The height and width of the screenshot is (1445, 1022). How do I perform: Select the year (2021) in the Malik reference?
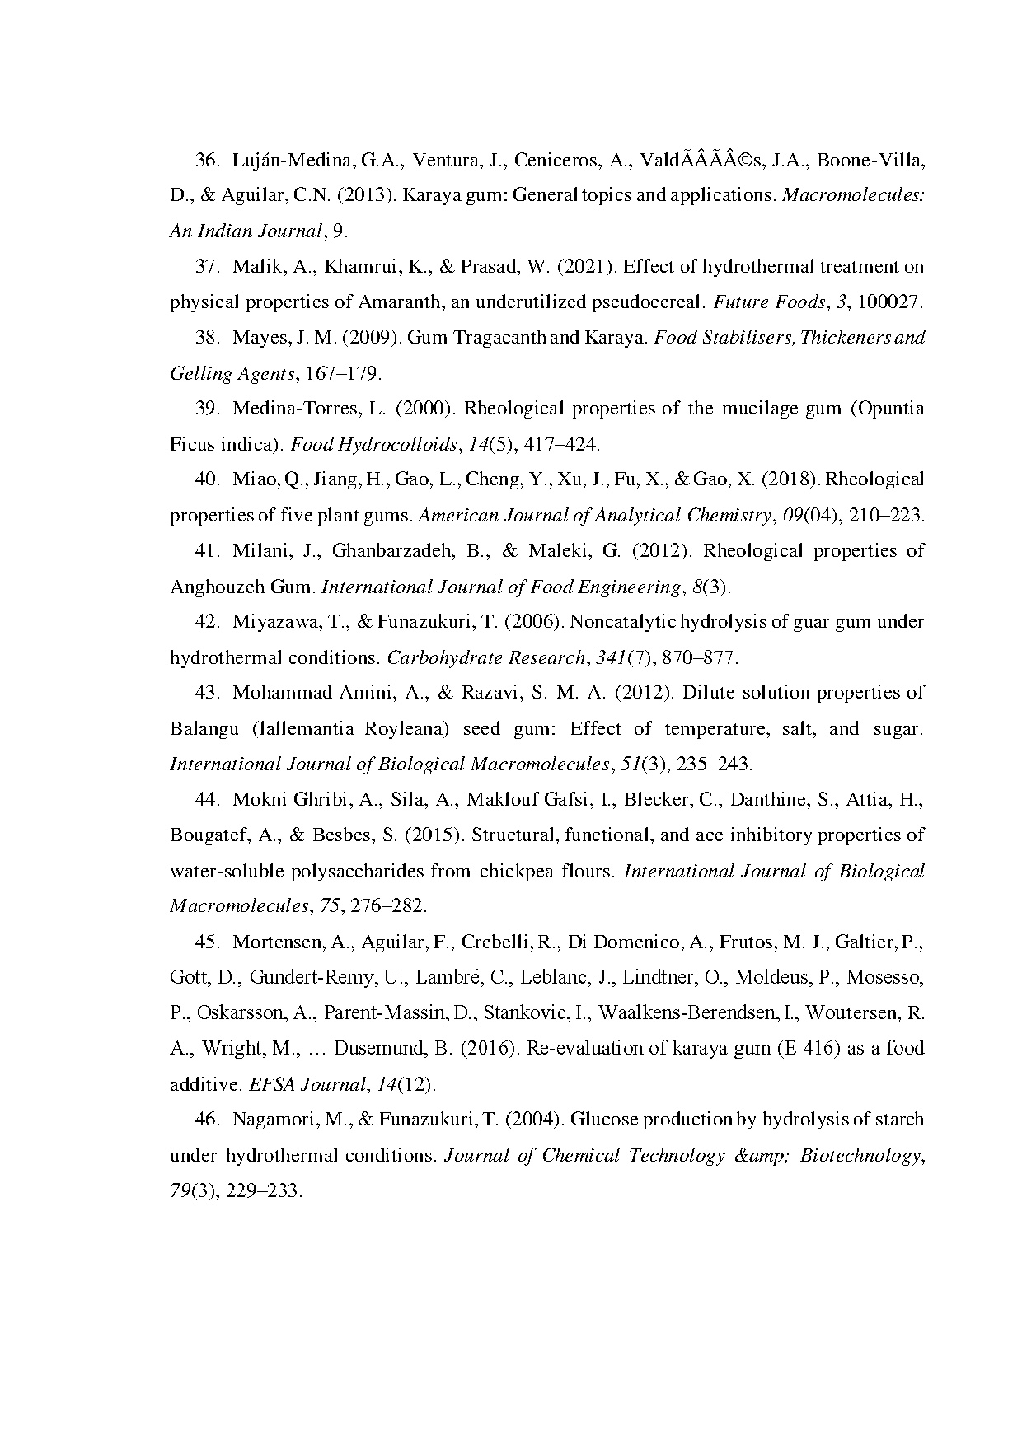[586, 267]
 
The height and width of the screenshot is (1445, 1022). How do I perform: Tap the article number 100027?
[889, 302]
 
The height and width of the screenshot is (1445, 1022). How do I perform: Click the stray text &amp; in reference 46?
[762, 1156]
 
